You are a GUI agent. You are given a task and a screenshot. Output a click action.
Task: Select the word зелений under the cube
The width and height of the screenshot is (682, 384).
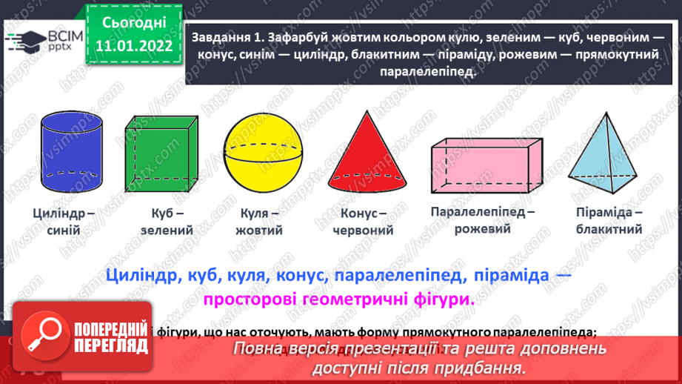pos(167,231)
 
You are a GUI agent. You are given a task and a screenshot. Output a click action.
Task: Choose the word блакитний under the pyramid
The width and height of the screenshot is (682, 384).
pos(608,230)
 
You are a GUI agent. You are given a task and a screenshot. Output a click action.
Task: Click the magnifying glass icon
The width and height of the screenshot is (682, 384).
pos(42,334)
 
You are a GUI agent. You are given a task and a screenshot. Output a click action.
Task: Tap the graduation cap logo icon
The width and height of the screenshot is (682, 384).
pos(24,39)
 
